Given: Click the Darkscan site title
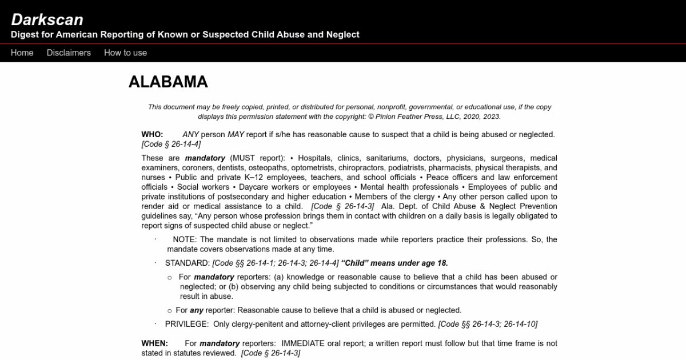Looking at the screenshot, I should (x=47, y=19).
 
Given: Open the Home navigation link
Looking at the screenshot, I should (x=22, y=53).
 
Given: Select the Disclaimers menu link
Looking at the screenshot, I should (x=69, y=53).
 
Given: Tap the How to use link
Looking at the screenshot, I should (x=125, y=53).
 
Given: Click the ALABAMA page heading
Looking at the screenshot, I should (x=168, y=82).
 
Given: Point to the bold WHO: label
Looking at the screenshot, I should (x=152, y=134).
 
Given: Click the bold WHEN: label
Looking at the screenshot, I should (x=154, y=343).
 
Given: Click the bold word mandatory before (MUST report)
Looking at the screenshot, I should (x=205, y=158).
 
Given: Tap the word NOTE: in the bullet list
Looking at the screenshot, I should (x=184, y=239).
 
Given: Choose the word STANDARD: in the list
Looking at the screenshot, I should (x=187, y=263).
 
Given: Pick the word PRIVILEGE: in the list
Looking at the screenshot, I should (x=187, y=324).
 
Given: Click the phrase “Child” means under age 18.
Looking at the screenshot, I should (x=394, y=263).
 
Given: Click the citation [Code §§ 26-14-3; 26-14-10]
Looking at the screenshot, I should (x=488, y=324).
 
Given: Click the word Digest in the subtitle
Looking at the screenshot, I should (x=25, y=34).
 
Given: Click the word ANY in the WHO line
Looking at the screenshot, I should (x=190, y=134).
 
